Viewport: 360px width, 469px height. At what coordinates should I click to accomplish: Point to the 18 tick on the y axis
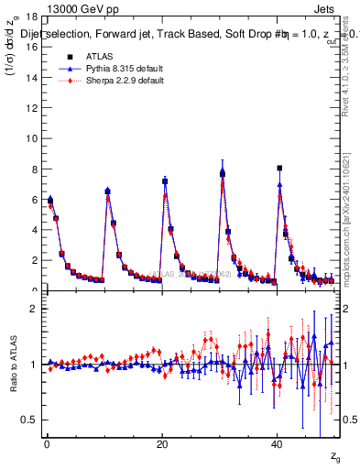[30, 16]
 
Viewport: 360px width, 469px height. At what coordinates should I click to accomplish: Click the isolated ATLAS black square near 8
[279, 169]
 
